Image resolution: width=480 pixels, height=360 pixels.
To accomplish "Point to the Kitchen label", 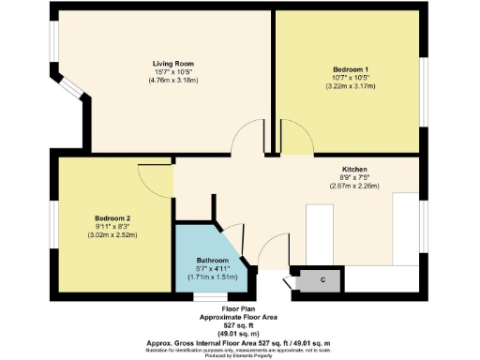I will click(328, 167).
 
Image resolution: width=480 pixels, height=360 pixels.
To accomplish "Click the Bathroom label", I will click(213, 260).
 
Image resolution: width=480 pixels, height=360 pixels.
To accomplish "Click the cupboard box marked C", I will click(310, 279).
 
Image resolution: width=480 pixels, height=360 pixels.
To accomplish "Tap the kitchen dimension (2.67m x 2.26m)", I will click(328, 185).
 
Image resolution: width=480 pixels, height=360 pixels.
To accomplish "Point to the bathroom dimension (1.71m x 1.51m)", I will click(213, 277).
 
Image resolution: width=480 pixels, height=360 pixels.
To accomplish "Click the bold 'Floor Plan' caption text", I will click(239, 308).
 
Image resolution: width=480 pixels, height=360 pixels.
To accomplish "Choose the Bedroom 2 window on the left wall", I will click(54, 225).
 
